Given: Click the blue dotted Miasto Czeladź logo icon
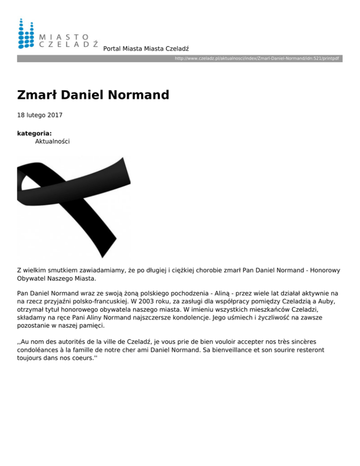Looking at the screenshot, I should tap(26, 34).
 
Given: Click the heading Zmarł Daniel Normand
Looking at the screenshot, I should tap(93, 95).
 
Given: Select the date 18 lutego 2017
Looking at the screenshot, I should tap(40, 115).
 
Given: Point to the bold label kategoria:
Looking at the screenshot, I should tap(34, 133).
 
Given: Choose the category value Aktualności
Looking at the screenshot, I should tap(52, 141).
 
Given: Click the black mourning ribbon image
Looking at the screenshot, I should tap(67, 206).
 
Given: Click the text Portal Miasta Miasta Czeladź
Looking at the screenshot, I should tap(149, 49).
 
